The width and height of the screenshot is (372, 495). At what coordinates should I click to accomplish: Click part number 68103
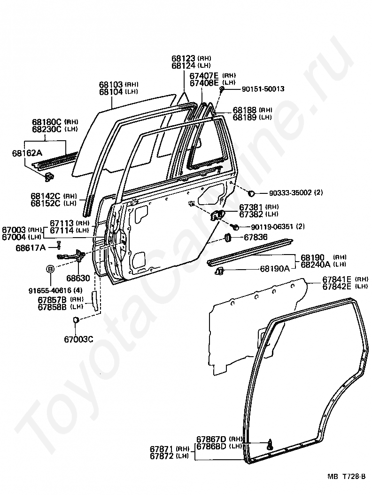tap(111, 85)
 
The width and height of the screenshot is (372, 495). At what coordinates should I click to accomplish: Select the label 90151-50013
tap(263, 88)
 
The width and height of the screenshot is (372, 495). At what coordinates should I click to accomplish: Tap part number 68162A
tap(27, 153)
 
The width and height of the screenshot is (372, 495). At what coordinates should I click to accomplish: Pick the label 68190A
tap(275, 270)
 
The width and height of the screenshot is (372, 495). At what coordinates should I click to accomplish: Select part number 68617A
tap(30, 247)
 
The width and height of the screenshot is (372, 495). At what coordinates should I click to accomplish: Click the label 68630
tap(78, 278)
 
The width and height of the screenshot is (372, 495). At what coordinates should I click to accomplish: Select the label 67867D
tap(211, 439)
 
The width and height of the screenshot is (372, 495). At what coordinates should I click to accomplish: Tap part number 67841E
tap(337, 279)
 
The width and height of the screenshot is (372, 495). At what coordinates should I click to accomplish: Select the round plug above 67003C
tap(75, 320)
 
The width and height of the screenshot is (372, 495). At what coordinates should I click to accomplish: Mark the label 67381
tap(252, 207)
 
